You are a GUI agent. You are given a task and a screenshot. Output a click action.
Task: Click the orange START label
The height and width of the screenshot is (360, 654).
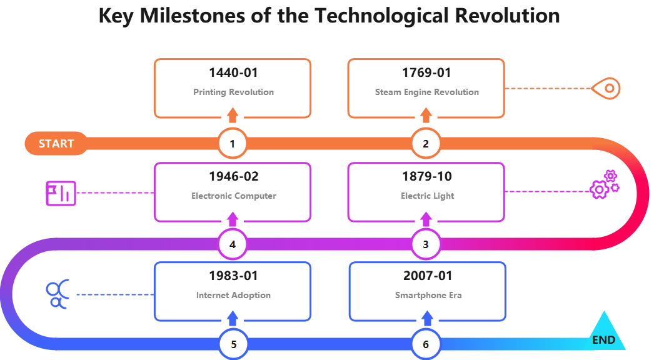pos(56,144)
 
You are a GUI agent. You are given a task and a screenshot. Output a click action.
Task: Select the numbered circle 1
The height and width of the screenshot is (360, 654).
pos(233,144)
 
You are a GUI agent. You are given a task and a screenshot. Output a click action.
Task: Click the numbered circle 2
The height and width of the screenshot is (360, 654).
pos(426,144)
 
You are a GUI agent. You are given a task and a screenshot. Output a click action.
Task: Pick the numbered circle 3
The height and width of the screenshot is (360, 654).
pos(426,244)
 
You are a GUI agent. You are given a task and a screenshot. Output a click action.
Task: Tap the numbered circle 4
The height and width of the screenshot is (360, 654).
pos(233,244)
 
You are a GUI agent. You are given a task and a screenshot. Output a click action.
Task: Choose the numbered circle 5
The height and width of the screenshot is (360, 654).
pos(233,344)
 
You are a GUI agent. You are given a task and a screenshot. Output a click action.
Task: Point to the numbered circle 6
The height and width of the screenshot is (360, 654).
pos(426,344)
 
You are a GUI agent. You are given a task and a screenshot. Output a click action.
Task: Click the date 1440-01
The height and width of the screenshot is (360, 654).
pos(233,73)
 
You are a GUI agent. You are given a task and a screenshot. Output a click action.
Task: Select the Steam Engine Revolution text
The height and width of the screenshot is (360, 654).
pos(426,92)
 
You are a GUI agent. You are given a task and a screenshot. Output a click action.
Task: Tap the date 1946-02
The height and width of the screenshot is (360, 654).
pos(233,177)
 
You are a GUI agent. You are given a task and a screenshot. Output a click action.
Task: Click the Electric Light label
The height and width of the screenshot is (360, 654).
pos(427,196)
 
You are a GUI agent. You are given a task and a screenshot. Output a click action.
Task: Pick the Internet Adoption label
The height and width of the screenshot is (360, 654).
pos(233,295)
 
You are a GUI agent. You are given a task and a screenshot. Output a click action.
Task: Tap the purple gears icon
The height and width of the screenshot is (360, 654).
pos(604,185)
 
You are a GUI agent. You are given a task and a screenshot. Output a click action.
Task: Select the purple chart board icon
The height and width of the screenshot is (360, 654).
pos(61,193)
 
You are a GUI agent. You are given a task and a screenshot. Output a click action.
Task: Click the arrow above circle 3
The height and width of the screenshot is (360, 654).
pos(426,219)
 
